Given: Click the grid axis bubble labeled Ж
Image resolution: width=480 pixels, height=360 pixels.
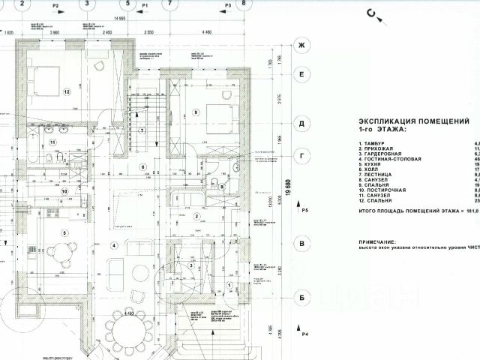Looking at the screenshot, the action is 302,45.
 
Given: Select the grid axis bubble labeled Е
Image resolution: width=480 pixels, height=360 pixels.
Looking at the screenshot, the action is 302,73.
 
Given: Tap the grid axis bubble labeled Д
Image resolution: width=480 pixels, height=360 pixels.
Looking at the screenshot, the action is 302,121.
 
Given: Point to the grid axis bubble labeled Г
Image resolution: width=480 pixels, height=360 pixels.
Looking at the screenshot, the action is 302,156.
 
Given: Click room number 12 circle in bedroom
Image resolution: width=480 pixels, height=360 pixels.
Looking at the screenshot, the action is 67,92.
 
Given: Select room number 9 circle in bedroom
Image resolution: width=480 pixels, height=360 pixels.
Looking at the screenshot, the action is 196,112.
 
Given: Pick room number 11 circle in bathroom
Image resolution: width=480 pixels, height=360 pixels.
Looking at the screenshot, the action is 53,141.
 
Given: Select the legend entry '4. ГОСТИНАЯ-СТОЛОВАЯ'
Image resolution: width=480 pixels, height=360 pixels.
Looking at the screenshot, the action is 390,159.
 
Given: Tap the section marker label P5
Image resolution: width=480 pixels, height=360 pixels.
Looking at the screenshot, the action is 304,213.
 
